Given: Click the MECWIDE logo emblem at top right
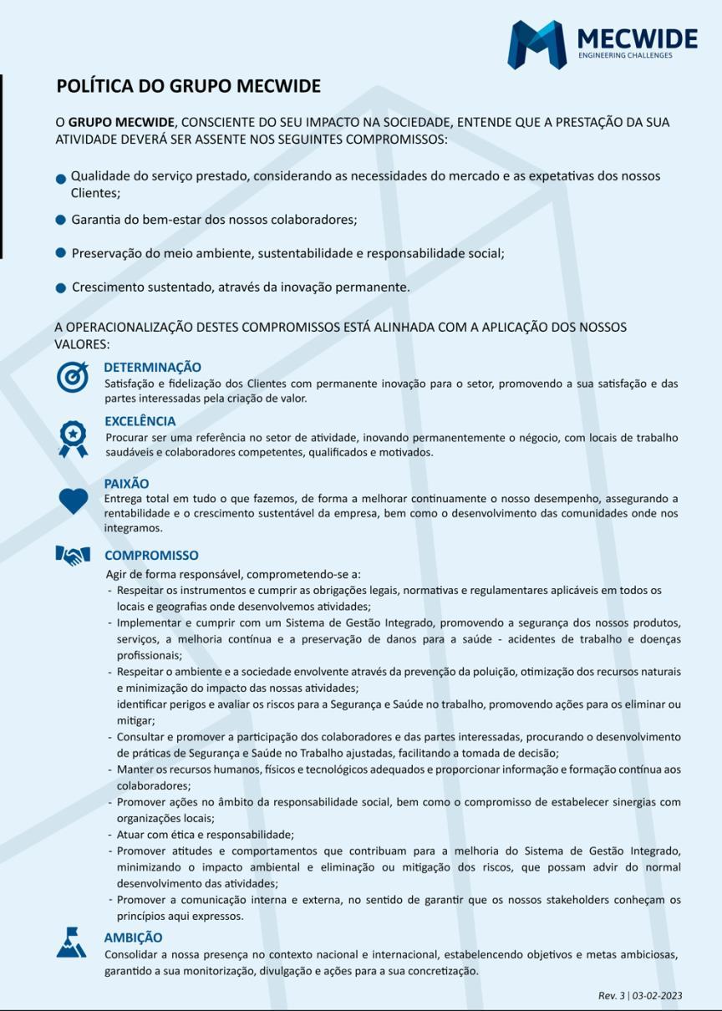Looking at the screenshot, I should pyautogui.click(x=536, y=44).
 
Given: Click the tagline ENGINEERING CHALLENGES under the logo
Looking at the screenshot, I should pyautogui.click(x=625, y=56).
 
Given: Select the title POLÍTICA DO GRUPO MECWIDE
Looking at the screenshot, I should pyautogui.click(x=188, y=86).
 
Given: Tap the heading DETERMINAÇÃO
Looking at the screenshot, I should pyautogui.click(x=152, y=367).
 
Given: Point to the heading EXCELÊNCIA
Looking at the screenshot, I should pyautogui.click(x=140, y=421).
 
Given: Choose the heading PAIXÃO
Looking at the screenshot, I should pyautogui.click(x=126, y=484).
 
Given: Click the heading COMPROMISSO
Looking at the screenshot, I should pyautogui.click(x=151, y=555).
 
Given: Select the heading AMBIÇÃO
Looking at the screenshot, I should pyautogui.click(x=133, y=937).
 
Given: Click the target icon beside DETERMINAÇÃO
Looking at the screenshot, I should pyautogui.click(x=73, y=377).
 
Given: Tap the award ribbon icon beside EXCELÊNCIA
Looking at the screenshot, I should pyautogui.click(x=73, y=438).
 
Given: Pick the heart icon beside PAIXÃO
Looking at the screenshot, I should pyautogui.click(x=74, y=500).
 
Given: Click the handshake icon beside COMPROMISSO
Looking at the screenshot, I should pyautogui.click(x=73, y=555).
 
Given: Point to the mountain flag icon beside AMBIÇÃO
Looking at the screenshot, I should pyautogui.click(x=71, y=942).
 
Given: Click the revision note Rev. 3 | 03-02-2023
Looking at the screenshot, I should pyautogui.click(x=640, y=995).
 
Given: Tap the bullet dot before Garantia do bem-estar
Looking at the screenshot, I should pyautogui.click(x=60, y=221).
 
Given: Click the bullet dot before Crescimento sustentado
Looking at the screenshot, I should pyautogui.click(x=60, y=288).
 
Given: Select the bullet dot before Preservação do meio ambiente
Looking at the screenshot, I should pyautogui.click(x=60, y=252).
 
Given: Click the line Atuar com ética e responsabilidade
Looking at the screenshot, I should pyautogui.click(x=205, y=835).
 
